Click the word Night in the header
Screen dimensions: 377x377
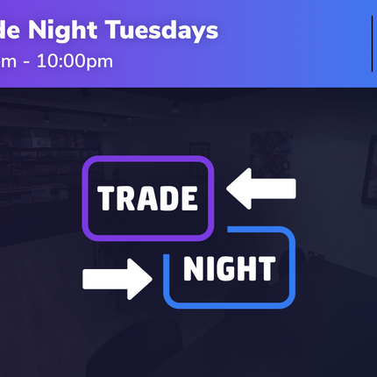(x=68, y=31)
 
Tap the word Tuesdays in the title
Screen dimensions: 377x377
(x=161, y=31)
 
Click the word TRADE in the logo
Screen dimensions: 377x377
(x=148, y=198)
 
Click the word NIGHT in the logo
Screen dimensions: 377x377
(x=229, y=269)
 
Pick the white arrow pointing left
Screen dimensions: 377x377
(x=261, y=189)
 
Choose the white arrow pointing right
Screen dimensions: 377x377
(x=117, y=279)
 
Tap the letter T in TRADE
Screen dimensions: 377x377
(x=107, y=199)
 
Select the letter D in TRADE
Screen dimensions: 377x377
(x=168, y=199)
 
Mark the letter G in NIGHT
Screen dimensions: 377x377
(x=224, y=269)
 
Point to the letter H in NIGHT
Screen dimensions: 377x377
(x=244, y=269)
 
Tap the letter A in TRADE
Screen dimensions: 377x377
(x=147, y=199)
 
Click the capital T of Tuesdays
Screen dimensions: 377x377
(x=114, y=31)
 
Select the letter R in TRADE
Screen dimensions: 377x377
(x=126, y=199)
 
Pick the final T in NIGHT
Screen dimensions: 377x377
(x=265, y=269)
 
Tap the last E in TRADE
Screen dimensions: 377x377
(x=188, y=199)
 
